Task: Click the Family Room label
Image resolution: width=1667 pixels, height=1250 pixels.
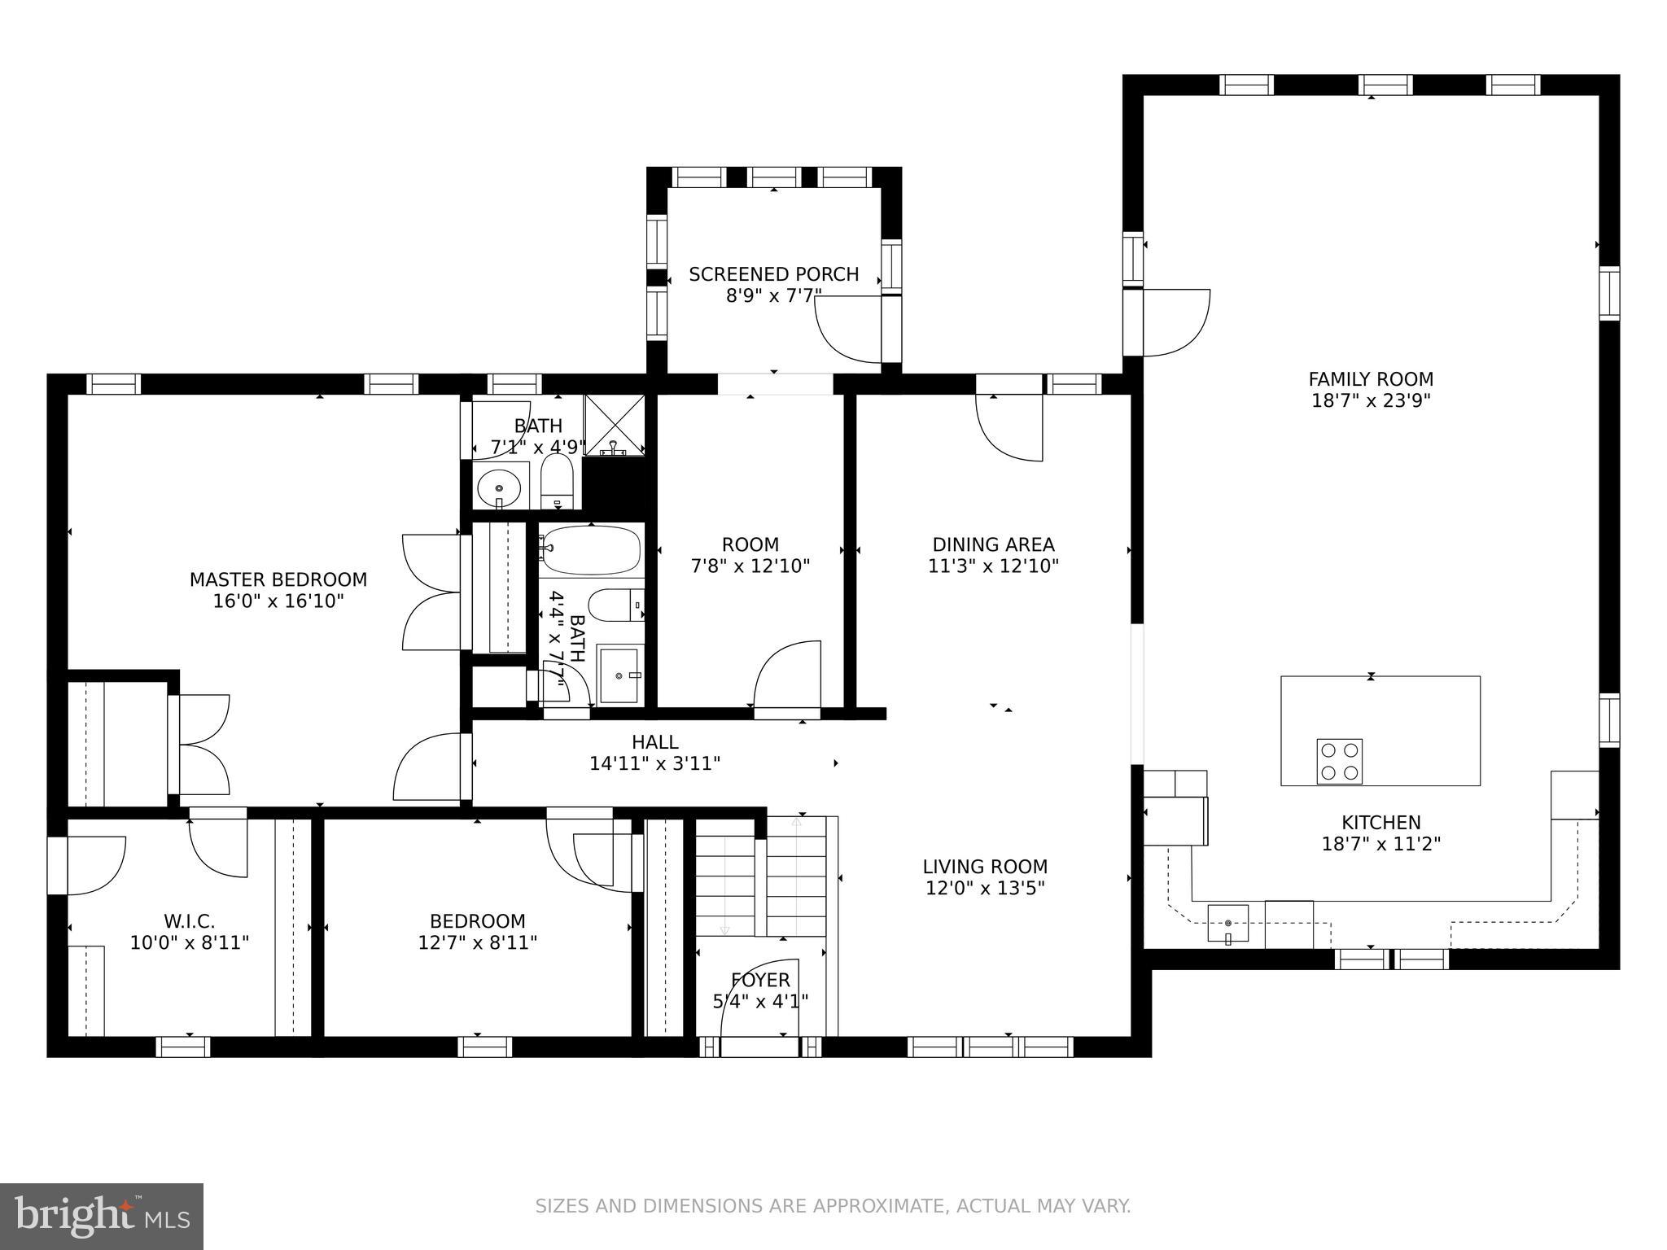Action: tap(1371, 379)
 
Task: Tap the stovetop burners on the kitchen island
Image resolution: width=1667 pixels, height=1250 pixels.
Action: tap(1339, 761)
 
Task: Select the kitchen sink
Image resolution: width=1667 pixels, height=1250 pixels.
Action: tap(1227, 923)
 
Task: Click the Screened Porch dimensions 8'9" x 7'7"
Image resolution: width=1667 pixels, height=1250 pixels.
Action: tap(774, 295)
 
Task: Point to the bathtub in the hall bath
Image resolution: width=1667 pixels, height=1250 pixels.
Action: tap(591, 551)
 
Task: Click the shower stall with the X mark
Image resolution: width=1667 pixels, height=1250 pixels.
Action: tap(615, 423)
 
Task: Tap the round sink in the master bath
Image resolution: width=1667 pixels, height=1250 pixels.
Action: tap(499, 488)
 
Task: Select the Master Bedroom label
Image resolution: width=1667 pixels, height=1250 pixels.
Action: tap(278, 579)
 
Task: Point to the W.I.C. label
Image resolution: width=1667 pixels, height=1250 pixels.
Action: tap(190, 921)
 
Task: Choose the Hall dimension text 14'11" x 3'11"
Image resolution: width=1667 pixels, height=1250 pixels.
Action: tap(654, 763)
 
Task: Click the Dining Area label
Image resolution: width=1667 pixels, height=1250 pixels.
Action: tap(993, 544)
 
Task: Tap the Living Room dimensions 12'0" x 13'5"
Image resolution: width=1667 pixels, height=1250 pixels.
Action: tap(985, 888)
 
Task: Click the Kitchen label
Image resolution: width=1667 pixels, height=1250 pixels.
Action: tap(1381, 823)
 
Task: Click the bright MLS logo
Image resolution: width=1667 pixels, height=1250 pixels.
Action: tap(102, 1217)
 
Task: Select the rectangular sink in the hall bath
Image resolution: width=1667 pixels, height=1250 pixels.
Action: tap(620, 674)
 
